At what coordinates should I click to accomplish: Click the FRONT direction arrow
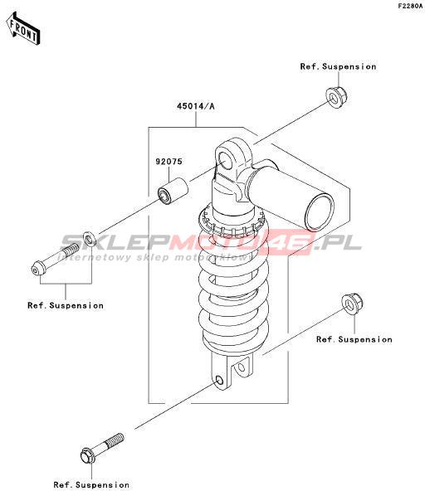click(23, 28)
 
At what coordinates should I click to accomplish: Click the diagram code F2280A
click(410, 6)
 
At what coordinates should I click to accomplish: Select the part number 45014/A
click(196, 106)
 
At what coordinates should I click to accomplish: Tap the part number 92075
click(169, 162)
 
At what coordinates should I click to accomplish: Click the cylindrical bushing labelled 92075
click(173, 191)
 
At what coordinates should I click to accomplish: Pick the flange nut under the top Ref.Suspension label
click(336, 97)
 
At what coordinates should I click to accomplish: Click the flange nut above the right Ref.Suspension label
click(352, 304)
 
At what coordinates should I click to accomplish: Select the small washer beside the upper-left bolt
click(89, 239)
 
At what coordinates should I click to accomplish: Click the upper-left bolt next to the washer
click(55, 260)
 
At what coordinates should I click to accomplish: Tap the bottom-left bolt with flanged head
click(102, 449)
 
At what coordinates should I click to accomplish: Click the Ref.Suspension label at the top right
click(338, 66)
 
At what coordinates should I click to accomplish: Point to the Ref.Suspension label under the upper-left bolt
click(66, 305)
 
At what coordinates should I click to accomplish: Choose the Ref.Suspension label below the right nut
click(354, 339)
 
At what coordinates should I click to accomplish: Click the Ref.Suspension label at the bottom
click(91, 484)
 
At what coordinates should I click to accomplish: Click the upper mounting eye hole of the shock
click(225, 159)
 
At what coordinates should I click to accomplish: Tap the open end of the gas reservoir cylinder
click(320, 211)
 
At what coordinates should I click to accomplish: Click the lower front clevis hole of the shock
click(219, 381)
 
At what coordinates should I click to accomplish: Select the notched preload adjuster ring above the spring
click(232, 221)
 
